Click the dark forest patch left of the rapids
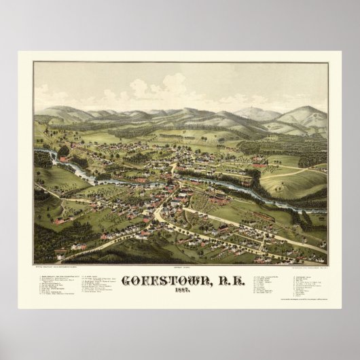[42, 160]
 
